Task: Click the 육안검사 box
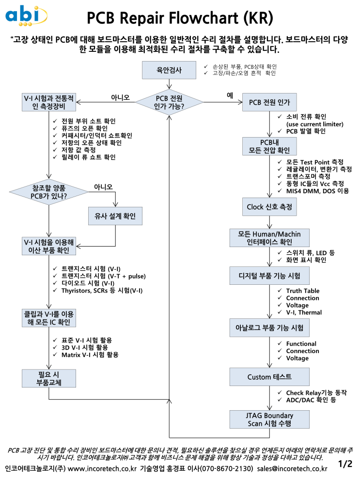click(169, 70)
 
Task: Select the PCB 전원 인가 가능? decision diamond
click(169, 102)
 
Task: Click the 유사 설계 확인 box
click(115, 216)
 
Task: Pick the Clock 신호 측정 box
click(269, 207)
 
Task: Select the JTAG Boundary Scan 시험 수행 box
click(269, 419)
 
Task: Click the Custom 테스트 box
click(269, 377)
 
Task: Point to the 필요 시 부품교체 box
click(49, 378)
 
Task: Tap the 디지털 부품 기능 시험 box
click(269, 276)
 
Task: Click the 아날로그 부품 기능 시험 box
click(269, 328)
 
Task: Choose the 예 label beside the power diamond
click(230, 95)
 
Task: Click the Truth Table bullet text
click(302, 291)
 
